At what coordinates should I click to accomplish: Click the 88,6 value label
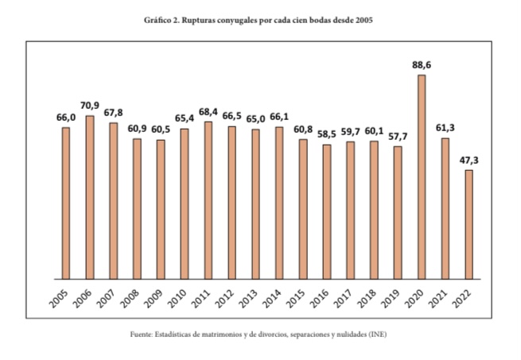click(422, 66)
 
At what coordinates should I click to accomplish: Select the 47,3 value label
click(469, 161)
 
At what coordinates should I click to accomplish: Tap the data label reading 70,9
click(90, 106)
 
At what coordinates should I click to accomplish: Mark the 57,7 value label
click(398, 137)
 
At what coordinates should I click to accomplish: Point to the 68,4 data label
click(208, 112)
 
